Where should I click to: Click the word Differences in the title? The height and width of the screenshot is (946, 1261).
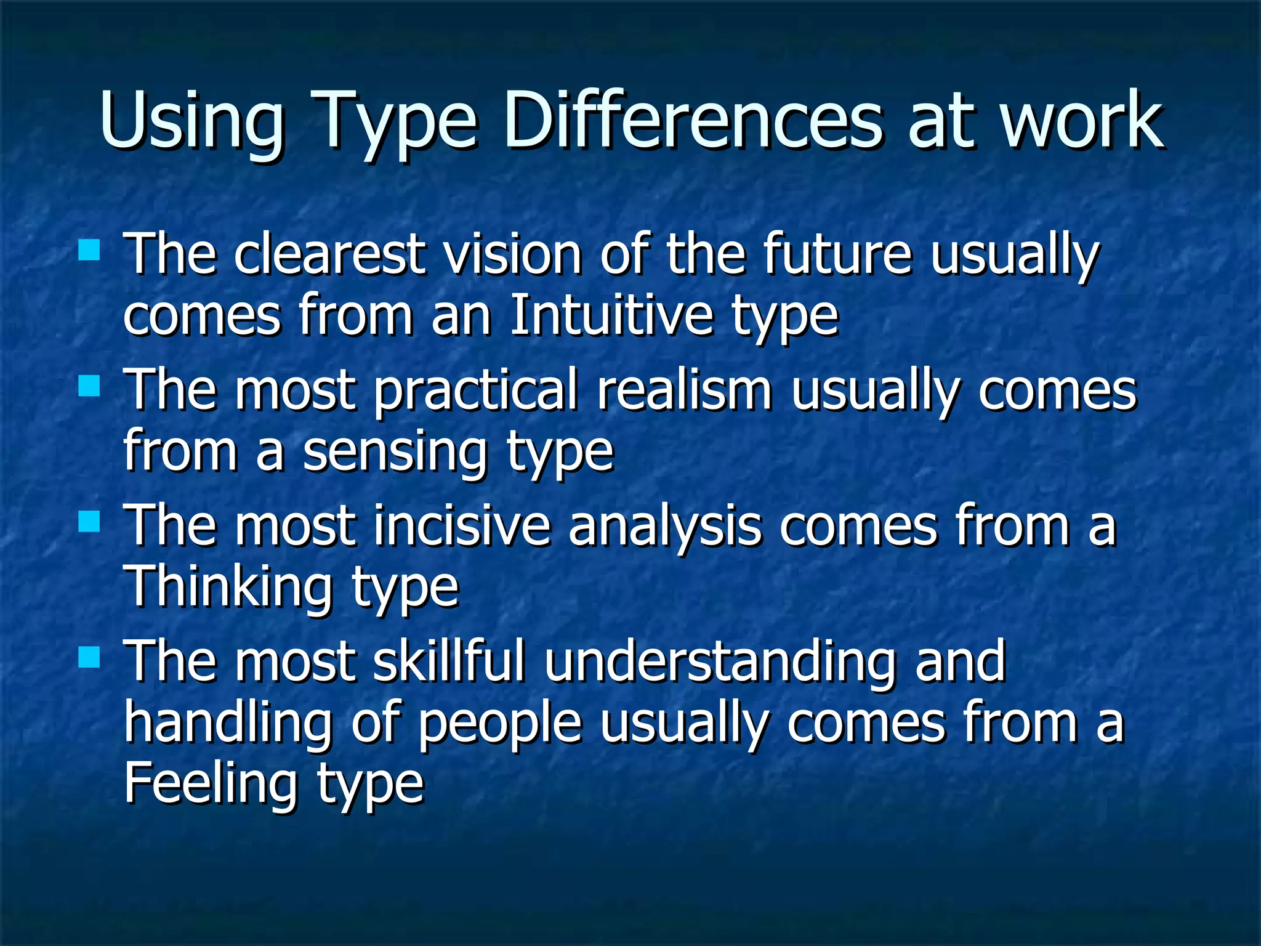tap(693, 120)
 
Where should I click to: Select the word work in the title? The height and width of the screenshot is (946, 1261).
tap(1082, 120)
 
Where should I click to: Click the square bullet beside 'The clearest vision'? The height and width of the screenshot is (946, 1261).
tap(89, 251)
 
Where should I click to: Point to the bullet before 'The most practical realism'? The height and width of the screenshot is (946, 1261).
tap(89, 387)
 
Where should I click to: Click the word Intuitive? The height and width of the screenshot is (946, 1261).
tap(611, 316)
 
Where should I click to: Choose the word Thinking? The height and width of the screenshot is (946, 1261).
tap(228, 588)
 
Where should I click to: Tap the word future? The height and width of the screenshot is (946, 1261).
tap(837, 254)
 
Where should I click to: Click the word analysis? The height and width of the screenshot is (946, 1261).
tap(664, 527)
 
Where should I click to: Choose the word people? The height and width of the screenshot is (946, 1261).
tap(499, 725)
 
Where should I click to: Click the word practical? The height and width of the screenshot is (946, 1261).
tap(476, 392)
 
